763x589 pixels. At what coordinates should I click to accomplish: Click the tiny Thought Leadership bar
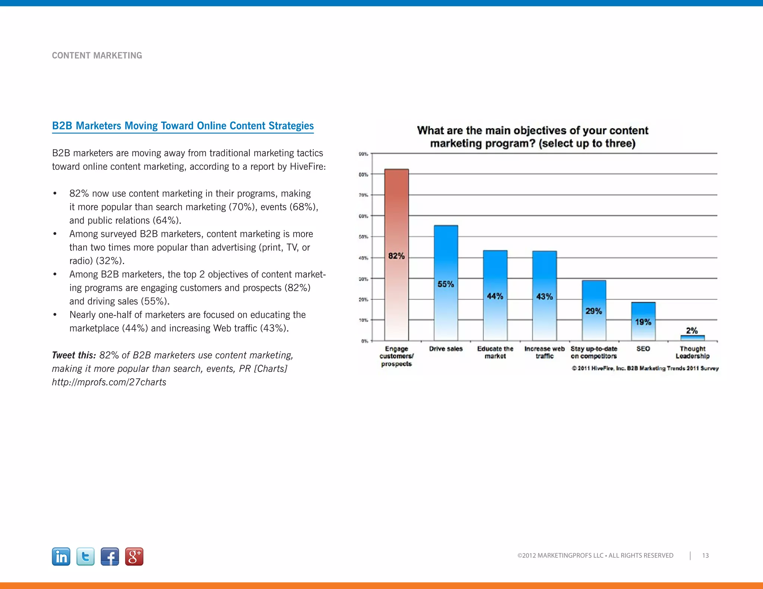click(692, 338)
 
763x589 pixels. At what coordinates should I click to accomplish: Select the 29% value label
click(593, 311)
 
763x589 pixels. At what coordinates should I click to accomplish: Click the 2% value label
click(692, 331)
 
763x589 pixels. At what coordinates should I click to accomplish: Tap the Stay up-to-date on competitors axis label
click(593, 352)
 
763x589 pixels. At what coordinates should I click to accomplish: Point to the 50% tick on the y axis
click(363, 237)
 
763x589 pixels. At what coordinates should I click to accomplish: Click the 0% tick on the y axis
click(364, 341)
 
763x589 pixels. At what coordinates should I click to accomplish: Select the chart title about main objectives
click(532, 137)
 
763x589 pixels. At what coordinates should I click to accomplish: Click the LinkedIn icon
click(61, 557)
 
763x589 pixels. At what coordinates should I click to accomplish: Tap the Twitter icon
click(85, 557)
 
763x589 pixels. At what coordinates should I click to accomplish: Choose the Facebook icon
click(110, 557)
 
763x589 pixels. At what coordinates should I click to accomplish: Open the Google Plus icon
click(134, 557)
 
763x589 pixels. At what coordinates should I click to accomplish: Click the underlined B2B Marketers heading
click(183, 126)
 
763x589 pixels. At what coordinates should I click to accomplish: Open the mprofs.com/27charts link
click(109, 382)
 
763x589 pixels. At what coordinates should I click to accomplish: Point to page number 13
click(705, 555)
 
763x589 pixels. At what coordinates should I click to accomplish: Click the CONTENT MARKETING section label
click(97, 55)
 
